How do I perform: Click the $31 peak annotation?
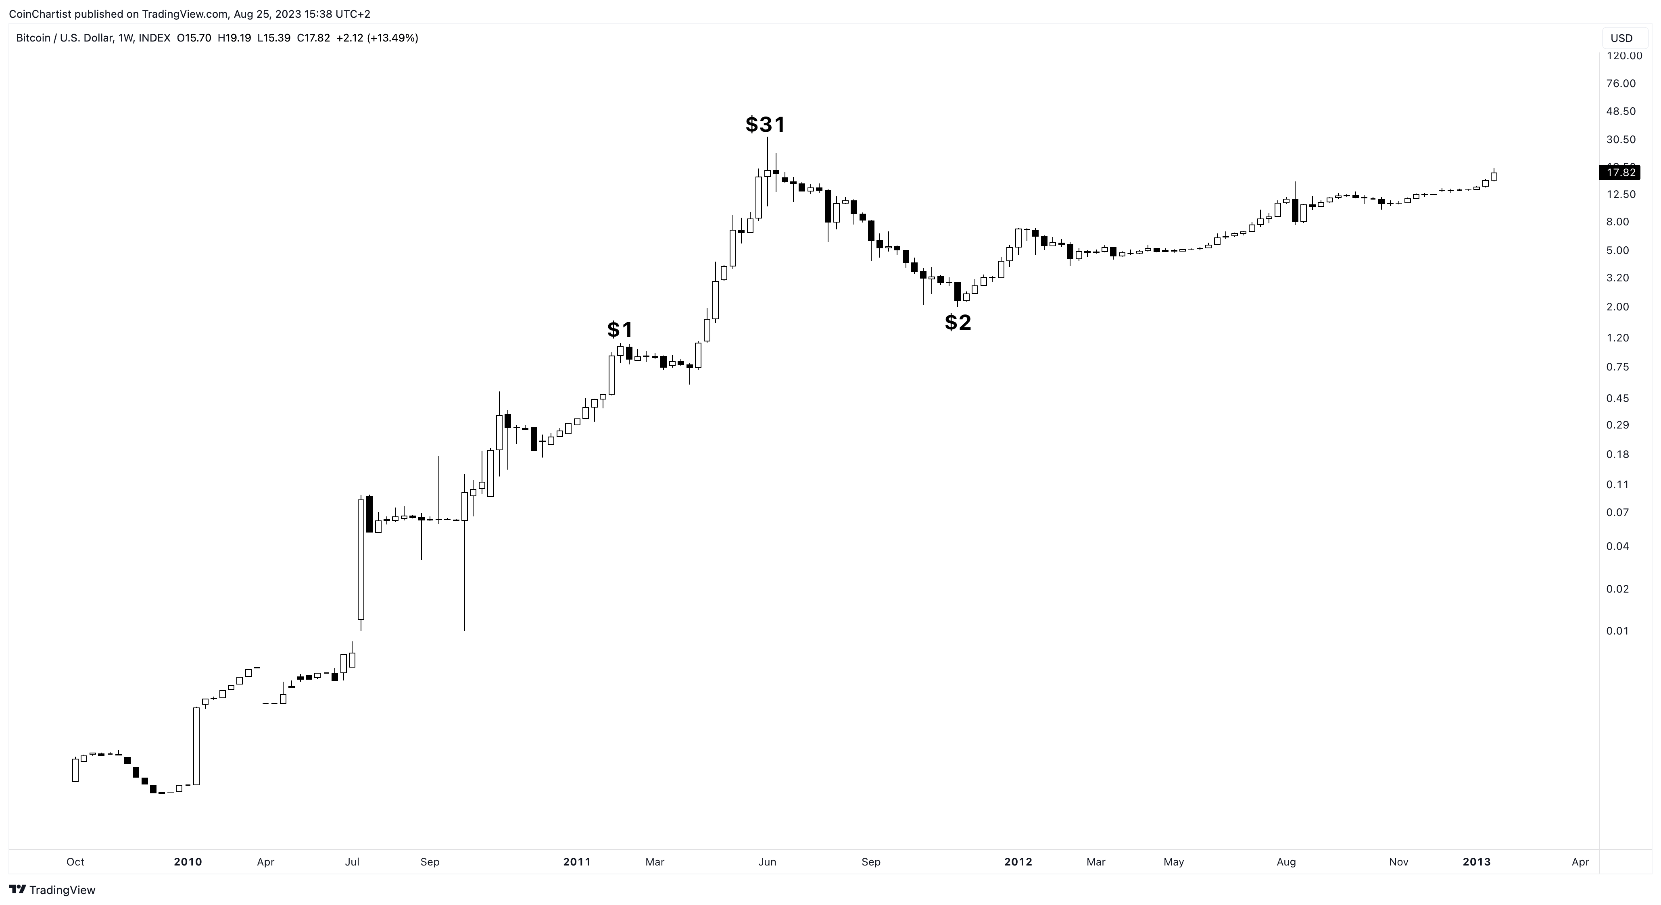[x=766, y=125]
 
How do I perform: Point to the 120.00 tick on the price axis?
[x=1624, y=56]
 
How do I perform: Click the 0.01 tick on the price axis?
[x=1617, y=630]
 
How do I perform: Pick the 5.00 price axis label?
[x=1617, y=250]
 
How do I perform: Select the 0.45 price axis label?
[x=1617, y=398]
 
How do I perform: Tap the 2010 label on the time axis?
[x=188, y=862]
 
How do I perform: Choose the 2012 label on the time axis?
[x=1018, y=862]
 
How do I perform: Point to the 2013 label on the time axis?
[x=1476, y=862]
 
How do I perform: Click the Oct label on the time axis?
[x=75, y=862]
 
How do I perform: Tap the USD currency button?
[x=1621, y=38]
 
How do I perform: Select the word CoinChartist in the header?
[x=40, y=14]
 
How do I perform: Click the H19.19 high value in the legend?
[x=234, y=38]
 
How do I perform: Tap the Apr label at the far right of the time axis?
[x=1580, y=862]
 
